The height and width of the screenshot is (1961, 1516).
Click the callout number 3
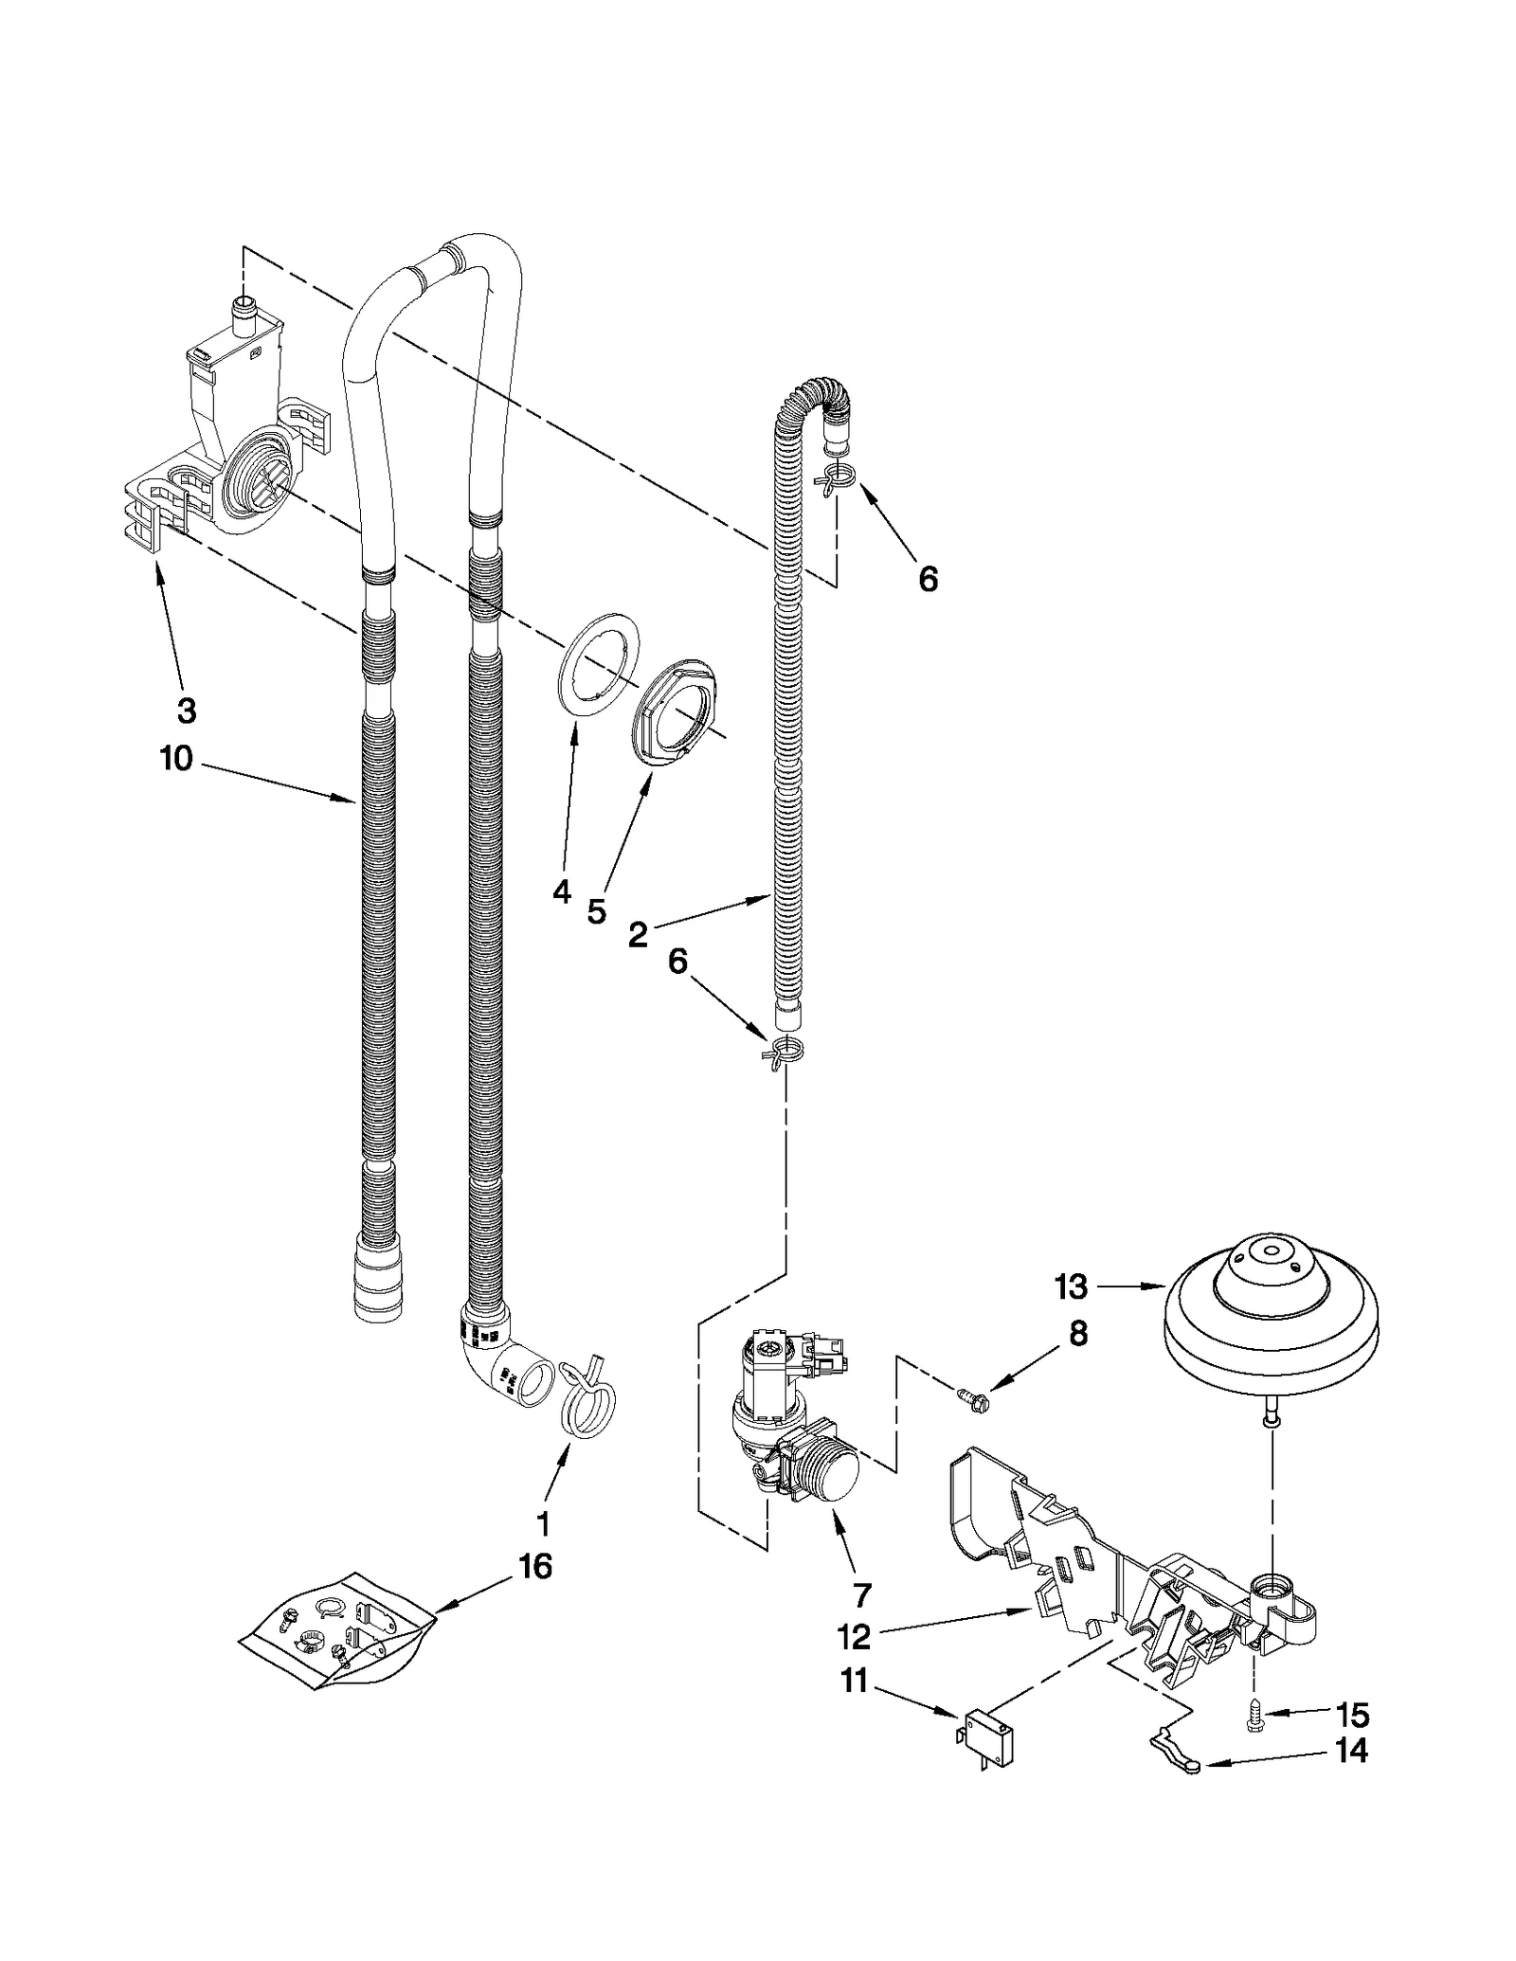[187, 709]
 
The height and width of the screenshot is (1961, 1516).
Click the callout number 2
[638, 935]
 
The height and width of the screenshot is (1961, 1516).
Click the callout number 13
[1072, 1287]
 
